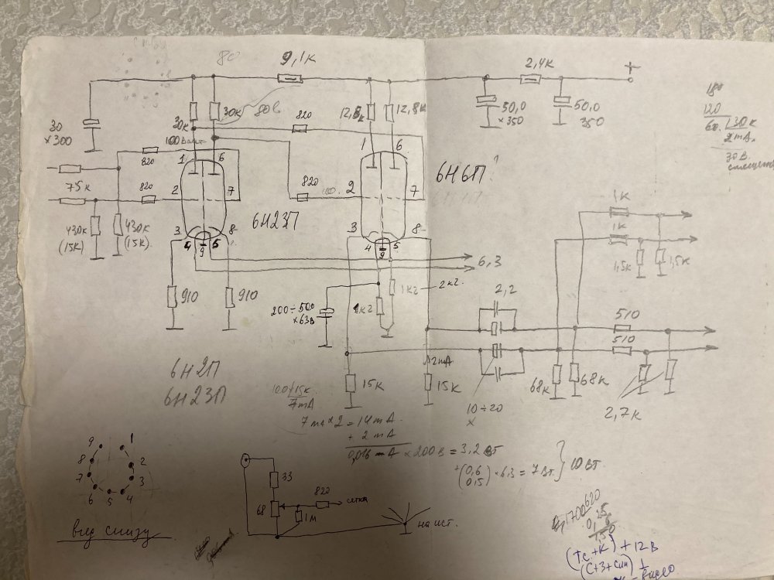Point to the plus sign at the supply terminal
coord(633,68)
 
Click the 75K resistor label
coord(76,188)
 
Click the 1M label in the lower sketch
coord(310,516)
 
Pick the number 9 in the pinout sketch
coord(92,442)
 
